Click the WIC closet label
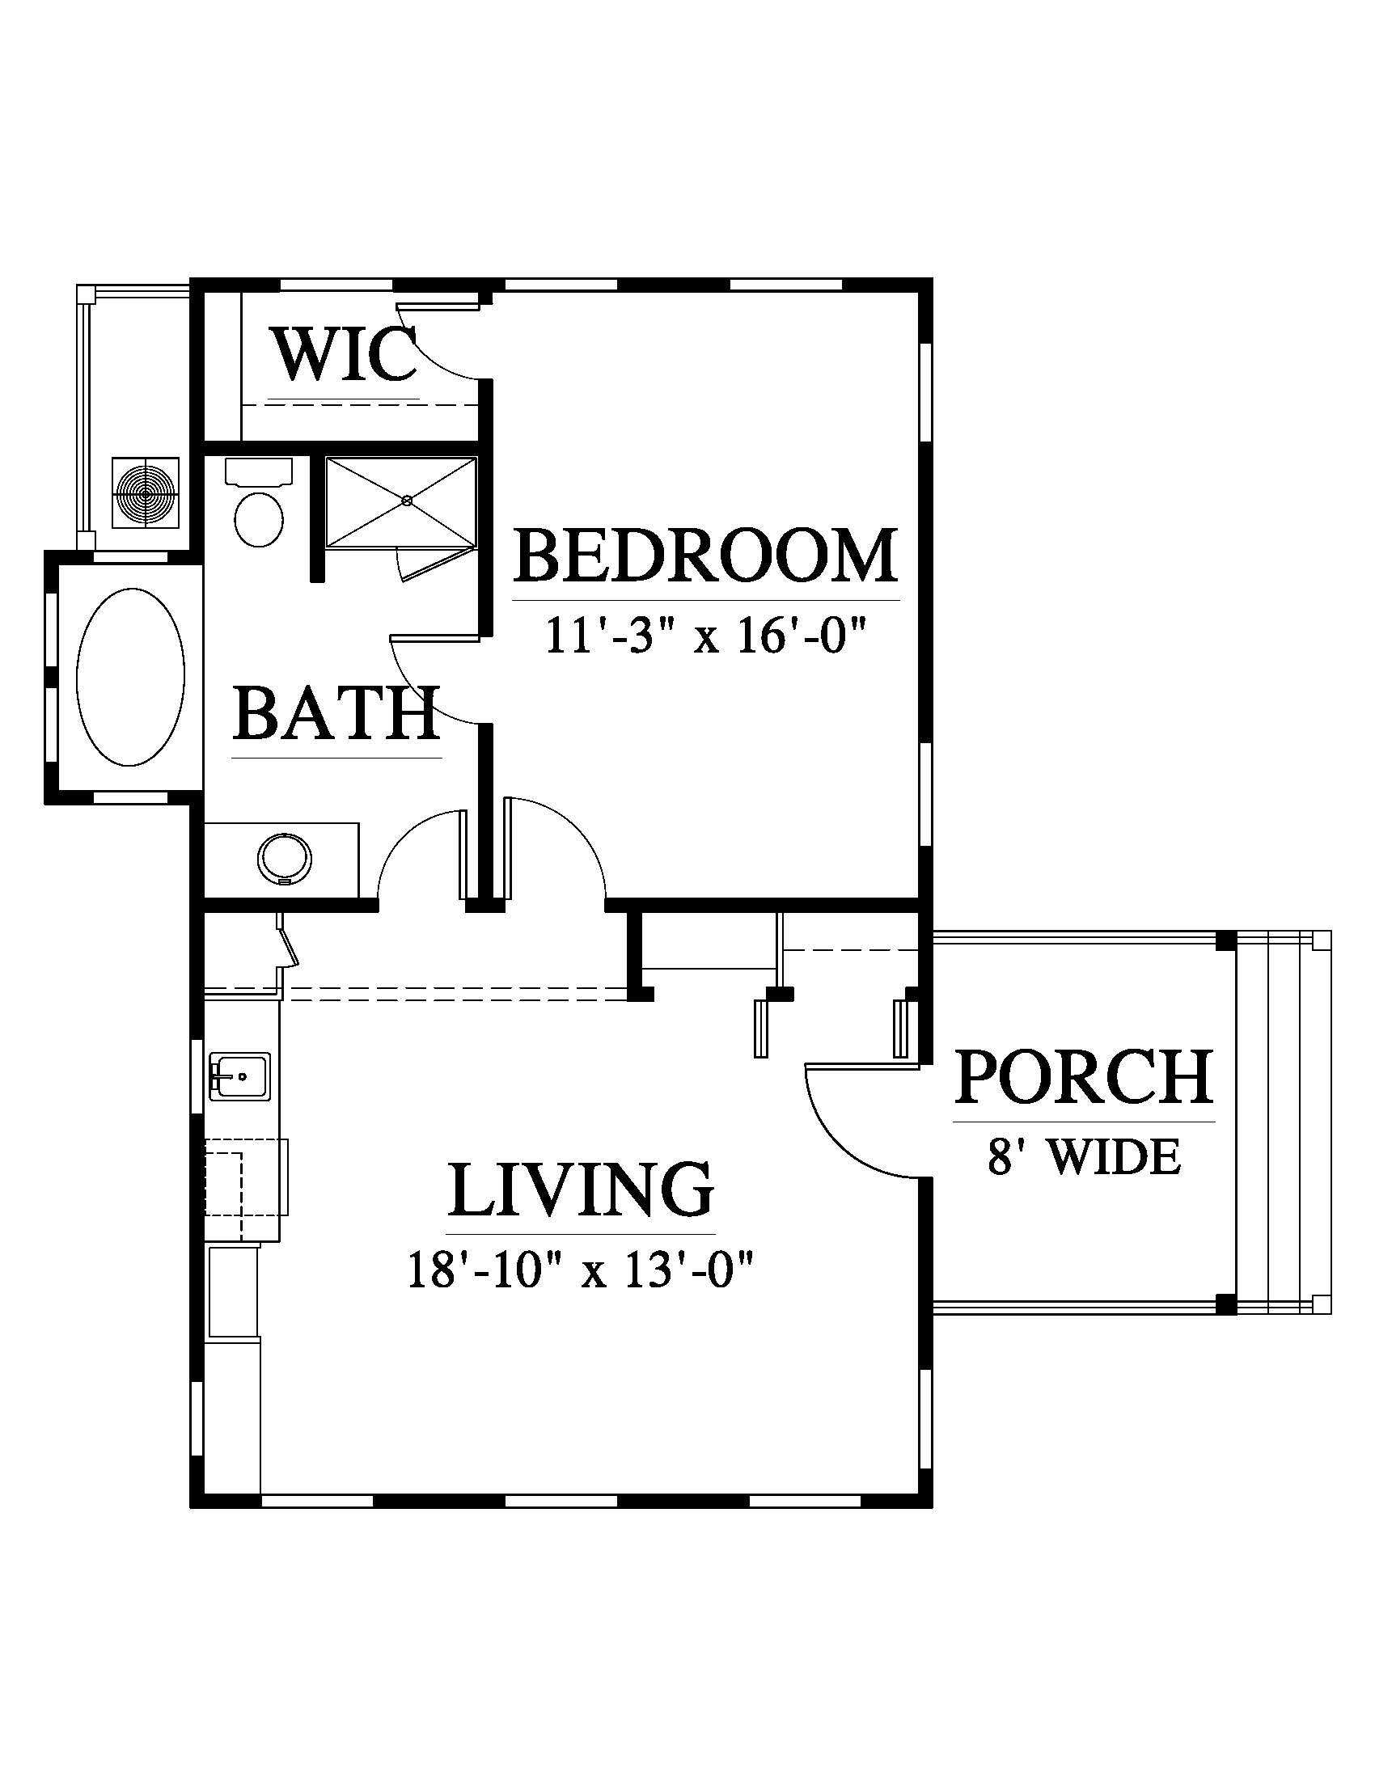345,355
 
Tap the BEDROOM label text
705,556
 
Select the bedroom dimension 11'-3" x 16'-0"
704,636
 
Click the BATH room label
336,712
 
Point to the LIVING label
581,1189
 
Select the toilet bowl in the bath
259,519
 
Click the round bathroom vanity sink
284,858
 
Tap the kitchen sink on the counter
240,1077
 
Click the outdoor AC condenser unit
146,493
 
